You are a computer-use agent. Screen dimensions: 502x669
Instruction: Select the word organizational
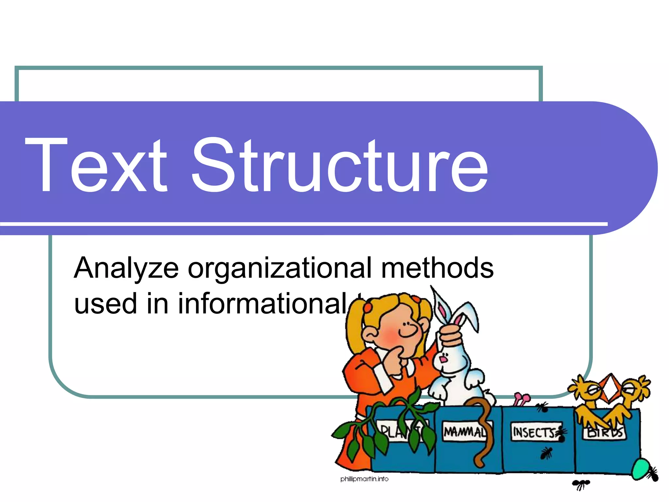click(x=280, y=269)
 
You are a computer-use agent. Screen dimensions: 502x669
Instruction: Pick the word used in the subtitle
click(x=106, y=304)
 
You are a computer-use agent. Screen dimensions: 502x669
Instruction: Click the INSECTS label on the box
click(x=534, y=432)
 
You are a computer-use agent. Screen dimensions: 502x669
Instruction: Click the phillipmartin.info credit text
click(x=364, y=479)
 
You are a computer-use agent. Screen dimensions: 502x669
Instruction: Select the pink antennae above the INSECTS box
click(x=522, y=399)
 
